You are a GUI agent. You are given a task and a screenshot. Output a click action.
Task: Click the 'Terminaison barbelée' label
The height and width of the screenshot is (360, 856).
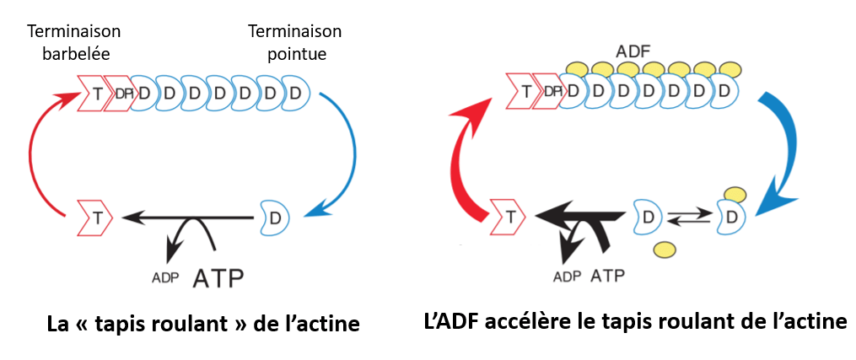tap(75, 42)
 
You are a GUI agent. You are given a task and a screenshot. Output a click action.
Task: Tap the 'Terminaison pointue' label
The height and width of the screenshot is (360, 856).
tap(294, 42)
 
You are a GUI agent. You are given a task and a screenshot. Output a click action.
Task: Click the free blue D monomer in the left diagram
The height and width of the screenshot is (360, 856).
tap(272, 218)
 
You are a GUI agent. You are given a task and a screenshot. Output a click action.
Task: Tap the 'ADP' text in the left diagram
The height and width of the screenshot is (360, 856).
tap(165, 277)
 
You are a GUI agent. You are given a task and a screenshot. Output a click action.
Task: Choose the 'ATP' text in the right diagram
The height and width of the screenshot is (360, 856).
tap(608, 276)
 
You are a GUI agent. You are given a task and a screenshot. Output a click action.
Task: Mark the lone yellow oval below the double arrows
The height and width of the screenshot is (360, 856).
tap(664, 249)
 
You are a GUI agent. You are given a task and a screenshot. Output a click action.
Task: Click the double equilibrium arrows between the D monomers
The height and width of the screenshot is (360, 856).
tap(685, 218)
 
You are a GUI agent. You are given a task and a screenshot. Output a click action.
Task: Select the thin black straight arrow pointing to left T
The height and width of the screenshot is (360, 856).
tap(186, 218)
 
